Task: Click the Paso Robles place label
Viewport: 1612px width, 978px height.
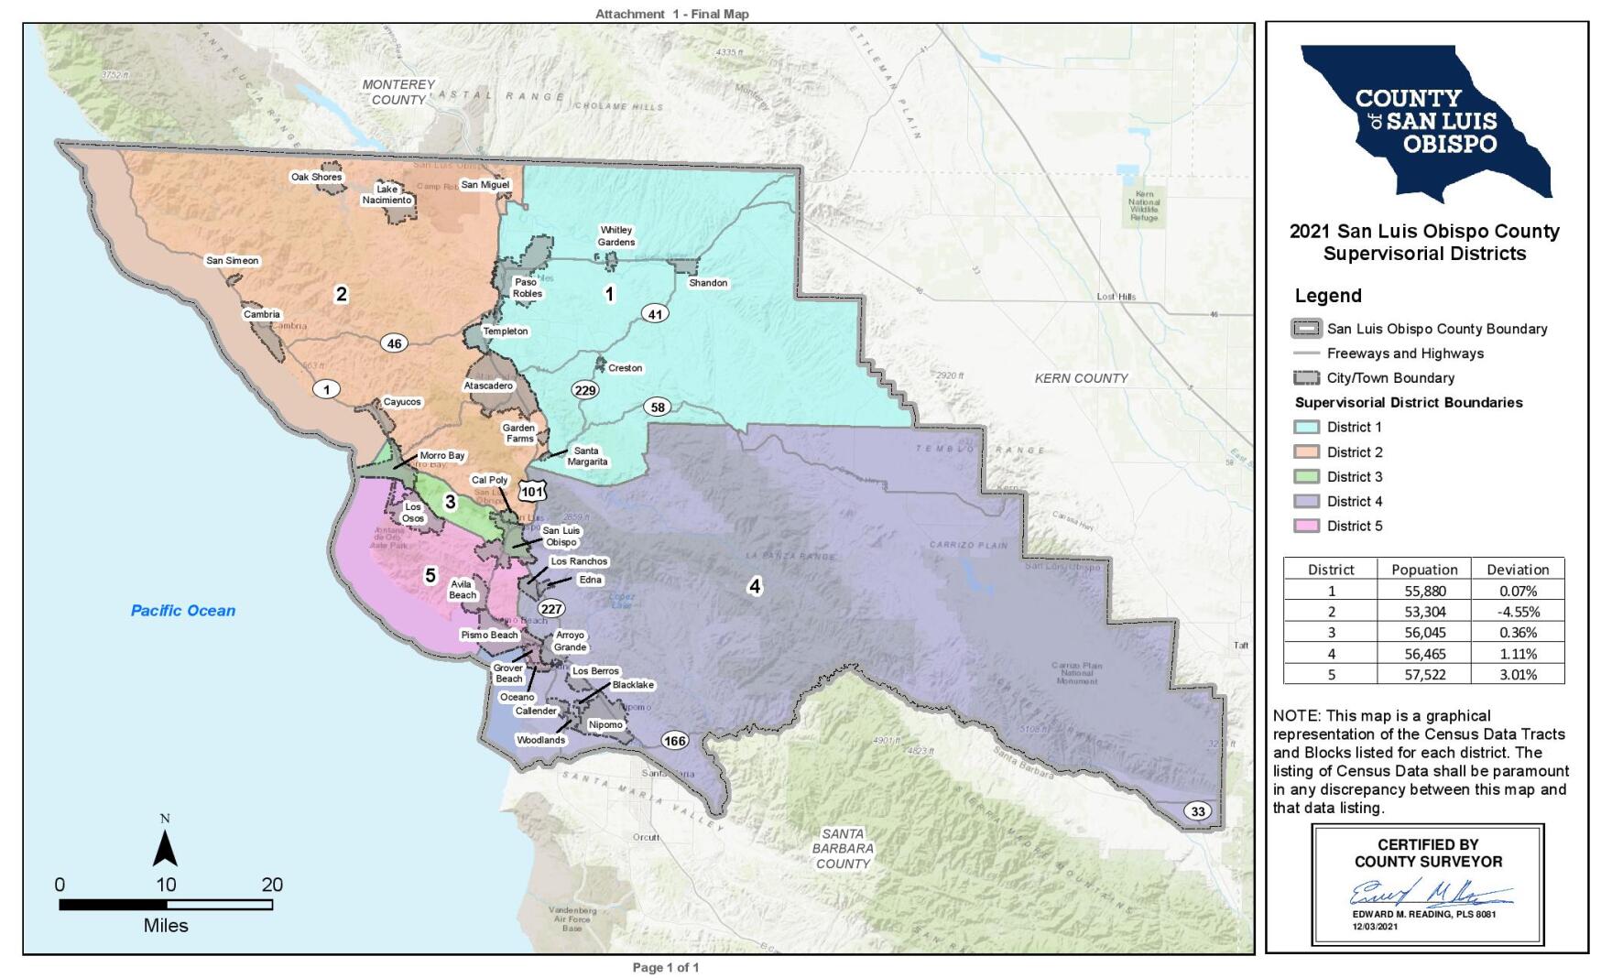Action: [527, 288]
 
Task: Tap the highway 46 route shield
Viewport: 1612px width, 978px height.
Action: [394, 343]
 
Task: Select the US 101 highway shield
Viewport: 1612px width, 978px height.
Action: [532, 491]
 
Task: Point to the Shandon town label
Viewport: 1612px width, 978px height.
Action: [708, 283]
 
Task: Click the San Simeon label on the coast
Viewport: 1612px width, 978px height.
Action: [233, 261]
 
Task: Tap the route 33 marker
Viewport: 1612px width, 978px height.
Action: [1197, 811]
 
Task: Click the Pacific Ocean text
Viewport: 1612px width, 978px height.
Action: [182, 611]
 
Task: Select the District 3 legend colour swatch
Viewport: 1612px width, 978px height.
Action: [1306, 476]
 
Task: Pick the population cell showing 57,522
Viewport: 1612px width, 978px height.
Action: [1423, 674]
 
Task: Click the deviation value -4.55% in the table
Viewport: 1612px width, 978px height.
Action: [1518, 612]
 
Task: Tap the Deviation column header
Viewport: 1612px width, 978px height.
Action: [1518, 569]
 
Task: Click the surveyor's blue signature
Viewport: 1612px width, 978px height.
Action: [1429, 893]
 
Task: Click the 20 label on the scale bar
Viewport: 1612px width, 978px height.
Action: [272, 885]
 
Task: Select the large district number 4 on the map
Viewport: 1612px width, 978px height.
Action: [754, 586]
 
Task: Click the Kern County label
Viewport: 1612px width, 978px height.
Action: [1081, 378]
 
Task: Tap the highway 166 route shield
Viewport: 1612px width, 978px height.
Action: [674, 741]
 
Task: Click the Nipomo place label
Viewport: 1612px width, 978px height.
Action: [605, 725]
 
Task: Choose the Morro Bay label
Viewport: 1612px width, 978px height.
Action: [442, 455]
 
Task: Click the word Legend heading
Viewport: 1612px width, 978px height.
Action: [1327, 296]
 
